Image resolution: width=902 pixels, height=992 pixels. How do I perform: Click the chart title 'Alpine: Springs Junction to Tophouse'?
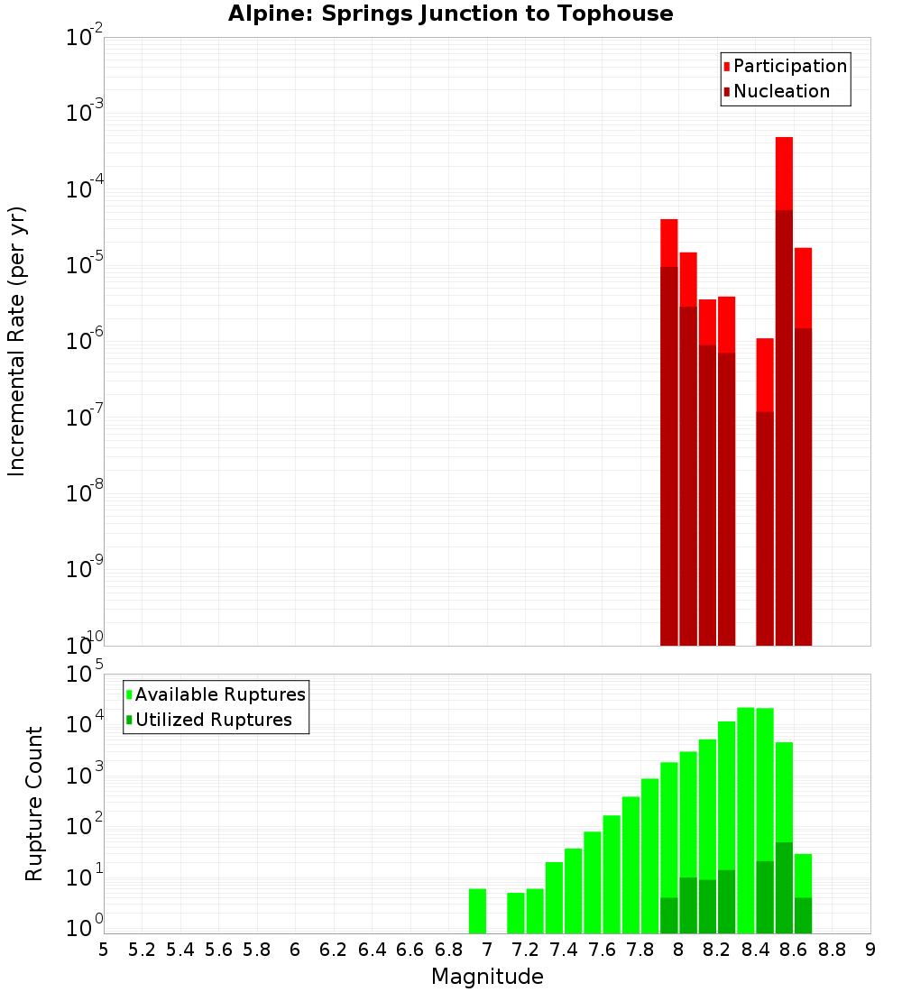(x=450, y=14)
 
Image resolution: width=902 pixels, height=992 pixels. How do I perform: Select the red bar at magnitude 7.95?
(x=668, y=432)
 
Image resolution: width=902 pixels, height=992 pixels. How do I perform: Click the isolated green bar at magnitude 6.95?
(x=477, y=911)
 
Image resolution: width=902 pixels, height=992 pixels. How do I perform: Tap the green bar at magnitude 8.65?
(x=803, y=893)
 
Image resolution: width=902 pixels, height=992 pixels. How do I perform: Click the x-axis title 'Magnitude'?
(x=487, y=977)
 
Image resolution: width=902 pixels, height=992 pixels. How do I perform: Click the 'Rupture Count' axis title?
(x=34, y=804)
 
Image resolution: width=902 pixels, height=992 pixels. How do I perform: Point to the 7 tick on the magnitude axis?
(x=487, y=950)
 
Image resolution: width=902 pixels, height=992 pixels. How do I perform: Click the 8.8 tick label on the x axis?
(x=832, y=950)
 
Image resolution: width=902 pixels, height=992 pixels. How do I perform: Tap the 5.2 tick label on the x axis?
(x=142, y=950)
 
